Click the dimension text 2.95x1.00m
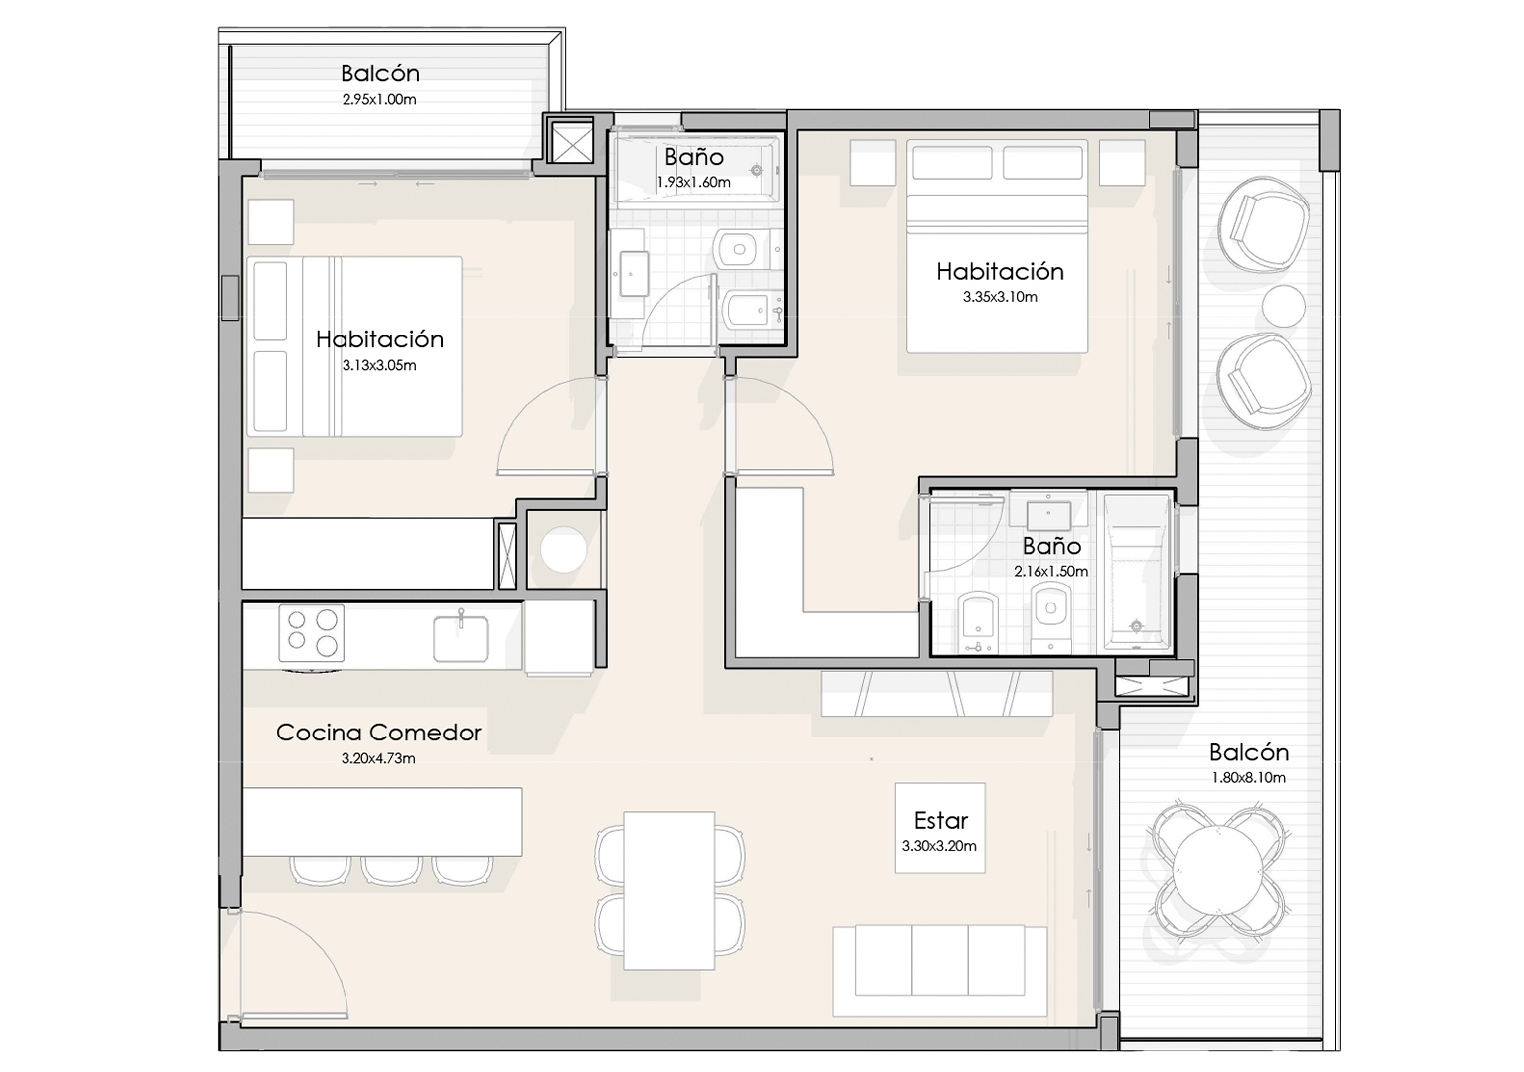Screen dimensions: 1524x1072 click(x=379, y=100)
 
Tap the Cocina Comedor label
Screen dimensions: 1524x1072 click(x=378, y=733)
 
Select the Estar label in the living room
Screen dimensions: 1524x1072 click(x=940, y=820)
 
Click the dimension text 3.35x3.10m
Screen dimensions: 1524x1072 click(x=1000, y=297)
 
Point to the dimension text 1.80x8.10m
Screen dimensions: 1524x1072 click(x=1248, y=778)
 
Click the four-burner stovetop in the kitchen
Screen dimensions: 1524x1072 click(x=312, y=633)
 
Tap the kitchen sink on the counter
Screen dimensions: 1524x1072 click(x=461, y=637)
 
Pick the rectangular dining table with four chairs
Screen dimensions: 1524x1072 click(x=669, y=889)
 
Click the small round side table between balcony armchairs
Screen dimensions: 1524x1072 click(x=1283, y=306)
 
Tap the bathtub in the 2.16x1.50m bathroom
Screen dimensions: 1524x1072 click(x=1136, y=572)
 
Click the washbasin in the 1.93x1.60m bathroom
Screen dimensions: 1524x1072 click(x=632, y=273)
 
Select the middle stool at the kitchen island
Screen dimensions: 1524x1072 click(x=390, y=870)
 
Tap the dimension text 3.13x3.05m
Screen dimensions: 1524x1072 click(x=379, y=366)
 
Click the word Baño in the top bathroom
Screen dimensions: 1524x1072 click(x=694, y=157)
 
